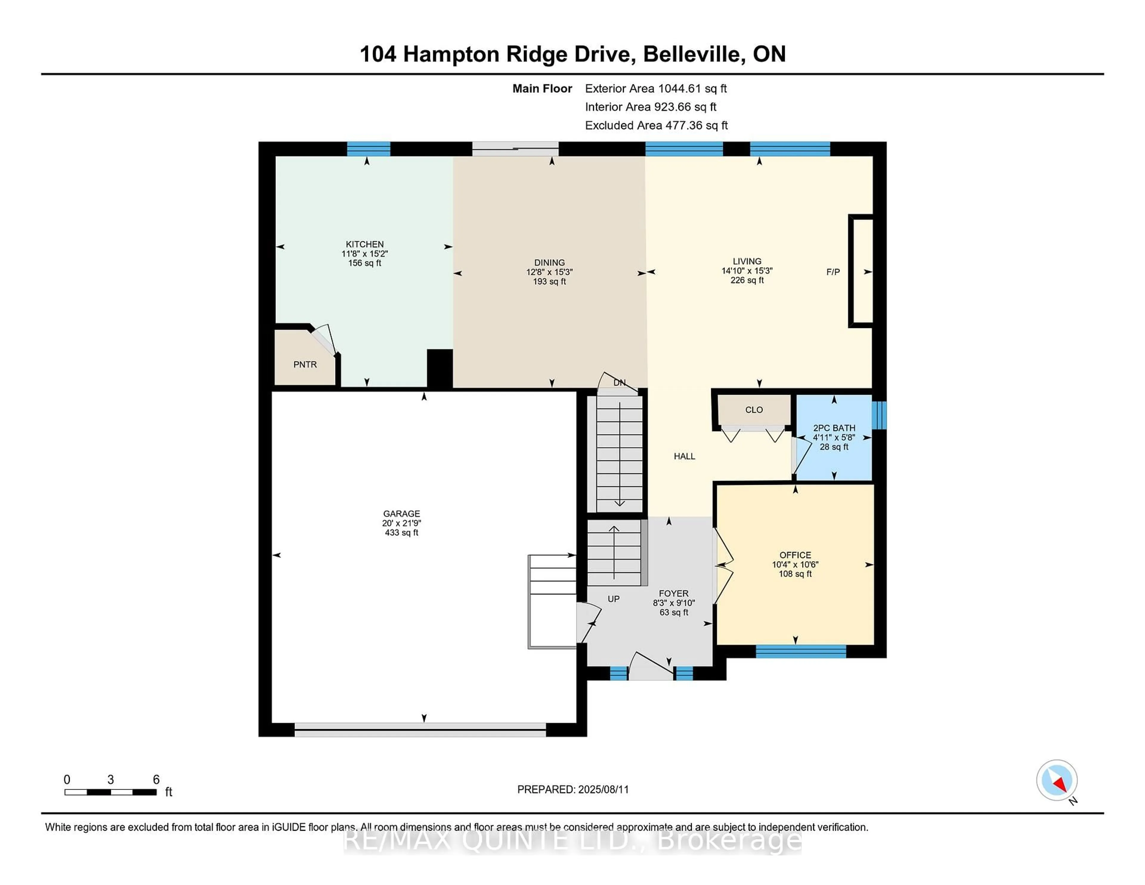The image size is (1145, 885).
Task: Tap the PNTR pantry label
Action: (x=305, y=364)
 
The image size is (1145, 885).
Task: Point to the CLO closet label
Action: (x=753, y=410)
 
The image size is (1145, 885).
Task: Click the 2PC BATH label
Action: (x=834, y=428)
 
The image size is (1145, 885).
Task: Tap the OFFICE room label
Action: (x=795, y=555)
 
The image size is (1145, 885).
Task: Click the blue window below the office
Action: (x=801, y=651)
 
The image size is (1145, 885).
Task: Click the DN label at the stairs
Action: (x=619, y=383)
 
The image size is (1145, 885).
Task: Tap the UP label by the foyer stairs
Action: (x=613, y=599)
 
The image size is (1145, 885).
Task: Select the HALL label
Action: (x=684, y=456)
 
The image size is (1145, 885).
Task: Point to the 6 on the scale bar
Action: (x=156, y=780)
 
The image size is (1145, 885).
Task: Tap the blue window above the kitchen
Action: (x=369, y=149)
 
